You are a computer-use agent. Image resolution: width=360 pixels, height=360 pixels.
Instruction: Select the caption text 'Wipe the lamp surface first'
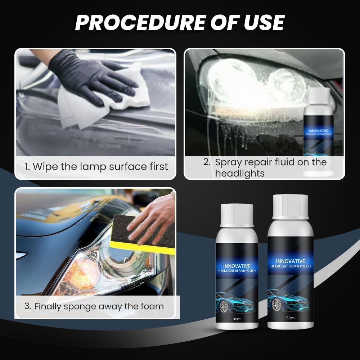click(101, 167)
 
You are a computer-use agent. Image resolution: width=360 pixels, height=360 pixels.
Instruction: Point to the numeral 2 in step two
click(207, 162)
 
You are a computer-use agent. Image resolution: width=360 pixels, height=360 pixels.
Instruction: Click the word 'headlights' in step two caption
click(240, 173)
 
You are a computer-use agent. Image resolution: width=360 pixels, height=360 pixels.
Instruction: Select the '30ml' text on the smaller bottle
click(237, 319)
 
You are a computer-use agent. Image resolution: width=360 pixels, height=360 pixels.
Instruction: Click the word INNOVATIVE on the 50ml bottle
click(291, 261)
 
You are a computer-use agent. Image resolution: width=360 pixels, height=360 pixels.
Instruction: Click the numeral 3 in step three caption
click(27, 307)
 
